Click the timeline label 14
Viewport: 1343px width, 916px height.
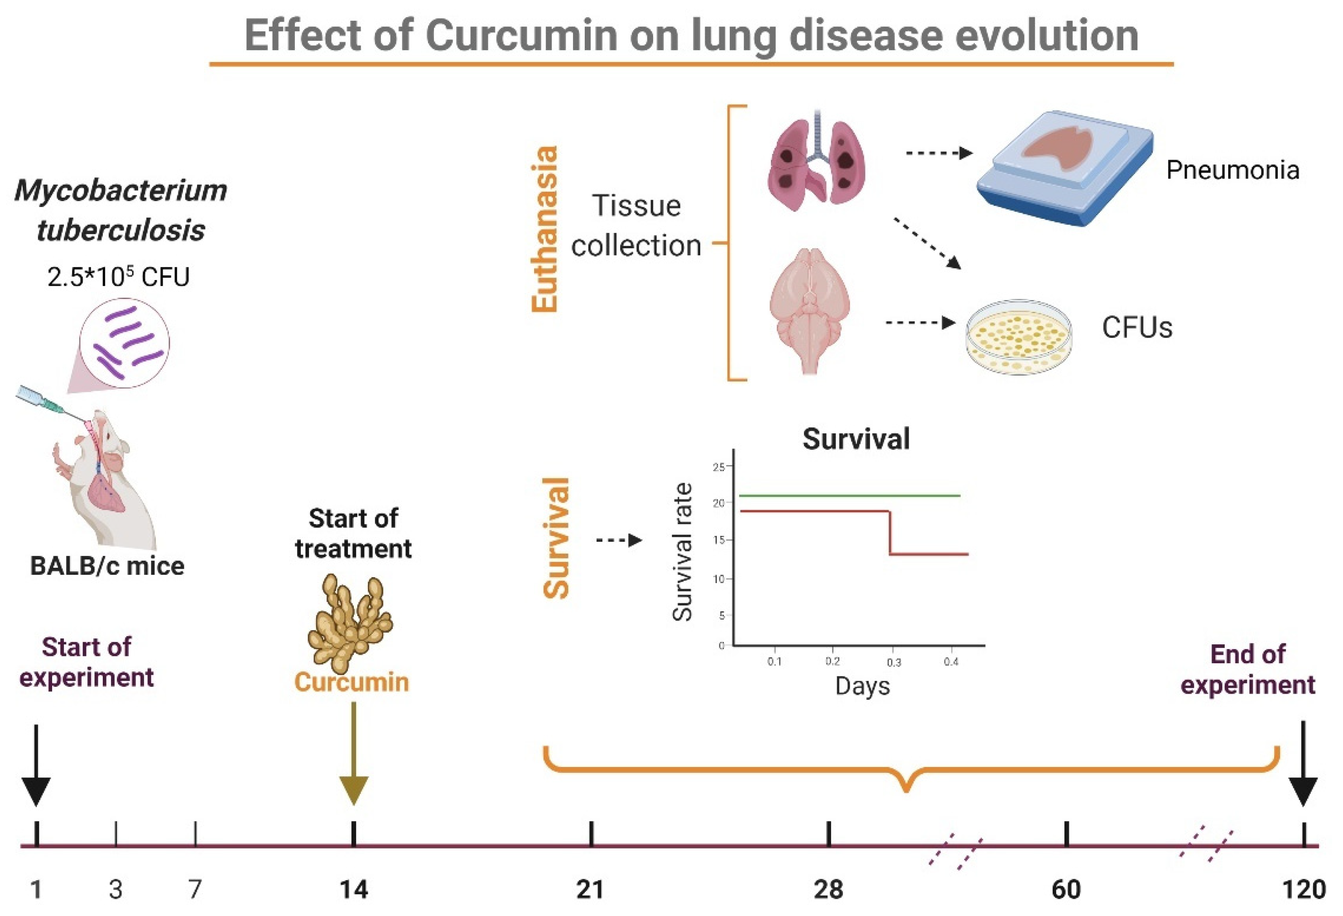click(353, 889)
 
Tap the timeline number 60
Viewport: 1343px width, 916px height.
click(1066, 889)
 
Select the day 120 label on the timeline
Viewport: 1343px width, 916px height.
click(1304, 889)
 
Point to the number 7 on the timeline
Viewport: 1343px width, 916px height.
click(195, 889)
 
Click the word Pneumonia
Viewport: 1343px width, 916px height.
click(1232, 170)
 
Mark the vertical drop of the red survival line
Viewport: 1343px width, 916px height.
click(890, 533)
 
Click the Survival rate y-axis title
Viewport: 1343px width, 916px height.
click(683, 552)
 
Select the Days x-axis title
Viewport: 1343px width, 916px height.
click(862, 686)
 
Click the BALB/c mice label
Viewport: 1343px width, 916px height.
click(107, 566)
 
